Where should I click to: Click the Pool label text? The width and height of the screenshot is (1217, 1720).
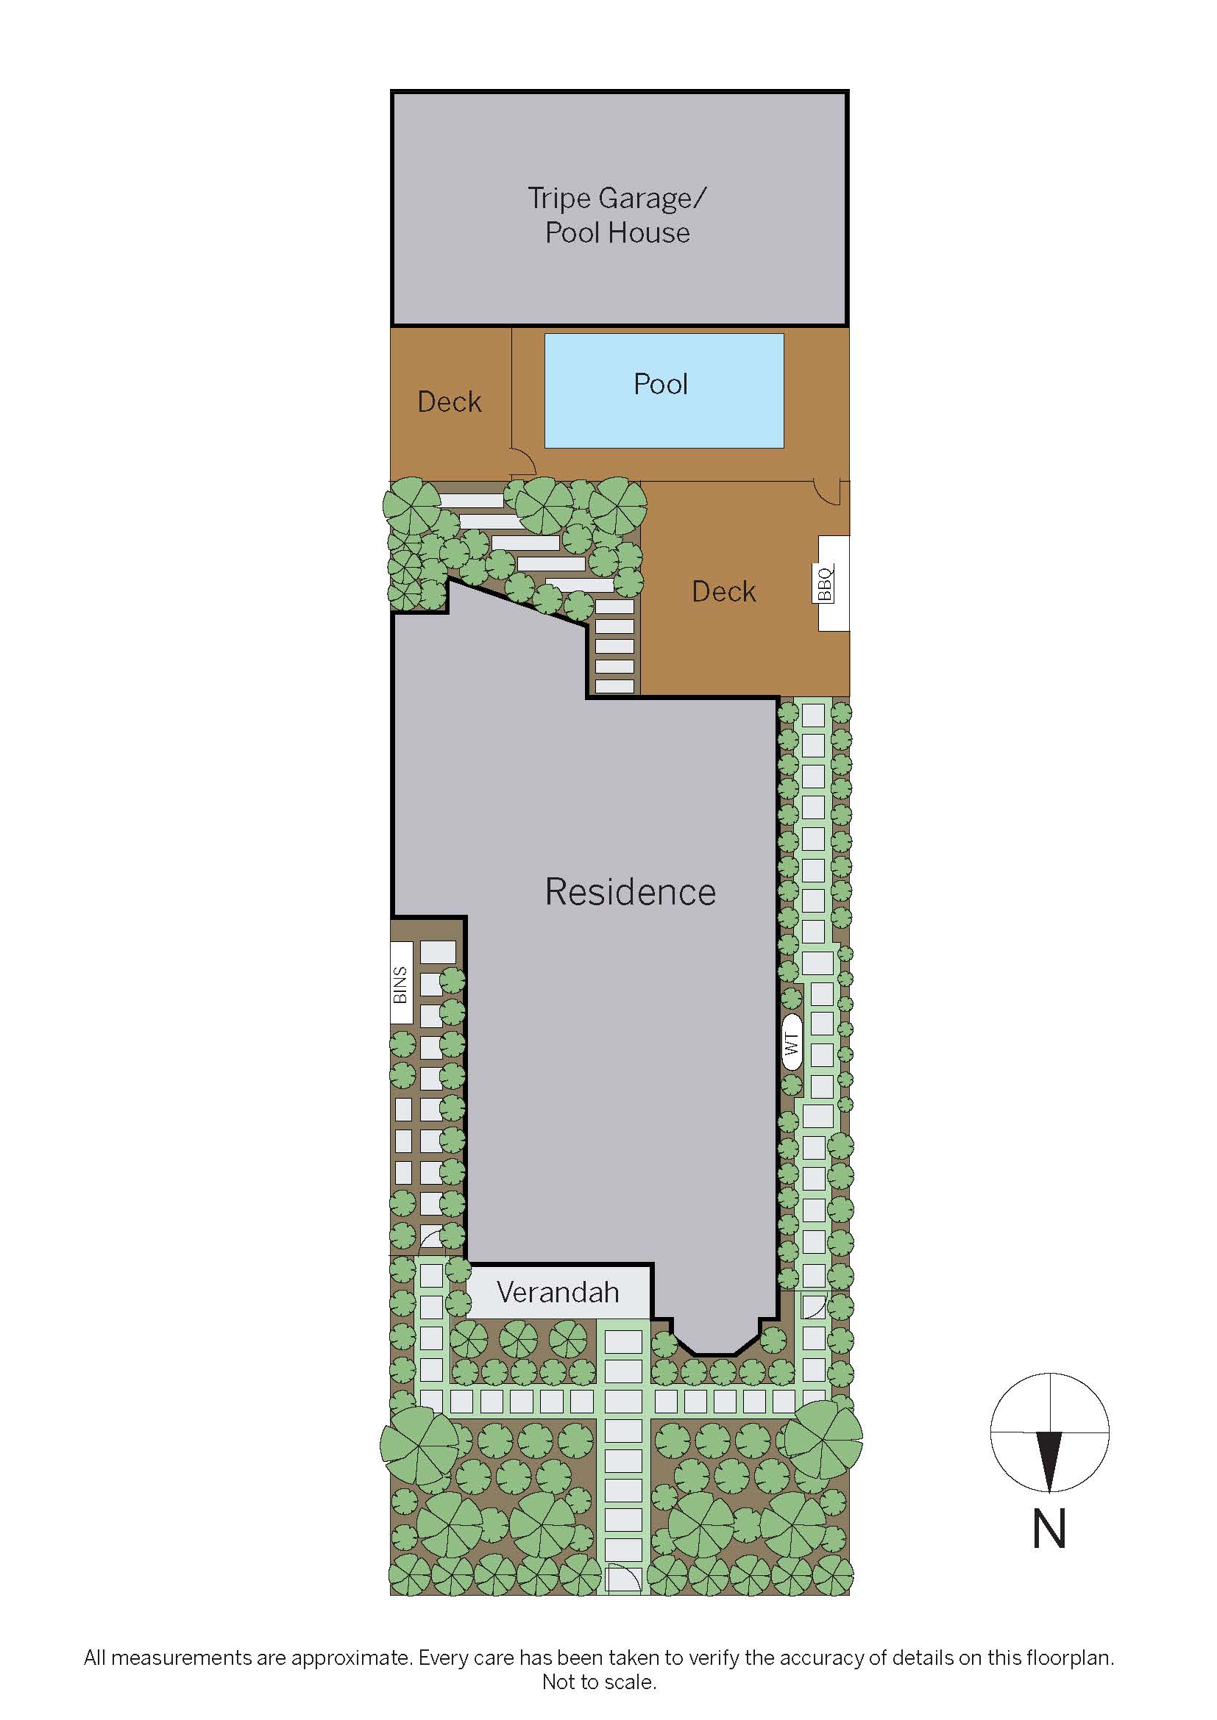pos(660,385)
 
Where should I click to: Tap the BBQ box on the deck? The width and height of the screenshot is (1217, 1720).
pos(833,583)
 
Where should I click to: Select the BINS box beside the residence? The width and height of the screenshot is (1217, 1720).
pos(401,984)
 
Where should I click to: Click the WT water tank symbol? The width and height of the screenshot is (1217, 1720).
pos(792,1043)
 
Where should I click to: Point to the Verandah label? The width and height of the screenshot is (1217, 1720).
pos(558,1292)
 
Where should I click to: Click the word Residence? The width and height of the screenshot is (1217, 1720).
pos(631,891)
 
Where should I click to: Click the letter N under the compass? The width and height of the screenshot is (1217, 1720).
pos(1049,1529)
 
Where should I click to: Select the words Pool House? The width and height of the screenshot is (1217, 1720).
pos(617,233)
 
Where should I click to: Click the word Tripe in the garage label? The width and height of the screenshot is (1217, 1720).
pos(559,199)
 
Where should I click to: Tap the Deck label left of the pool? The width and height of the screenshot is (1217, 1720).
pos(449,402)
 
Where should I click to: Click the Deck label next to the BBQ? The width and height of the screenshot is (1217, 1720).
pos(723,592)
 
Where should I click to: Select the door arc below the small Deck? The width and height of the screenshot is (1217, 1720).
pos(523,462)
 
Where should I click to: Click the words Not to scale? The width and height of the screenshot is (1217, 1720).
pos(599,1682)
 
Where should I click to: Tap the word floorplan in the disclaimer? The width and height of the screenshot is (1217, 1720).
pos(1068,1657)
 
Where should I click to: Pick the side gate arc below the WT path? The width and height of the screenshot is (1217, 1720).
pos(813,1307)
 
